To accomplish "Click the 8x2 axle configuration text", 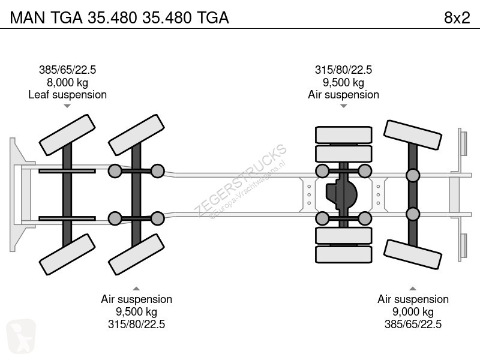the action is [x=457, y=18].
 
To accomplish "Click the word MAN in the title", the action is [x=28, y=18].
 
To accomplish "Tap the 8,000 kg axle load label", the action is [x=67, y=83].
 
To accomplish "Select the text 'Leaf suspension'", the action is [x=67, y=95].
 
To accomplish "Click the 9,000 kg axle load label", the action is [x=413, y=312].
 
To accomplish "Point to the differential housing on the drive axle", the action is [x=341, y=194].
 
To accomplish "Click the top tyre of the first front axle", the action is [x=67, y=135].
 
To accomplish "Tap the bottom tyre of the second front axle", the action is [x=137, y=254].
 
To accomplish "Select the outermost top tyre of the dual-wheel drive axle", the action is [x=343, y=134].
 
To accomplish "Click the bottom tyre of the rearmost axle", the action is [x=413, y=254].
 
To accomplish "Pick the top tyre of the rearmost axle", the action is [x=413, y=135].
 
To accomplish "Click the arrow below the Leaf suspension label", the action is [x=67, y=106].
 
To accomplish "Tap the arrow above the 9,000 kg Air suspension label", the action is [x=413, y=289].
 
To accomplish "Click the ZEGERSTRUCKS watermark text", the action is [x=241, y=181].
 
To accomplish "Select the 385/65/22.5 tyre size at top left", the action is [x=67, y=70].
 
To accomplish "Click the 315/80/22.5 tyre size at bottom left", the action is [x=137, y=324].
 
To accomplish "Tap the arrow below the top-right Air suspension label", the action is [x=343, y=106].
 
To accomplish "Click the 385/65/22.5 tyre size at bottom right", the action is [x=413, y=324].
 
